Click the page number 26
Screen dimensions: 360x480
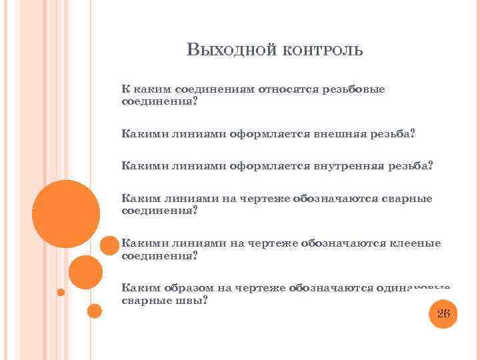coord(443,313)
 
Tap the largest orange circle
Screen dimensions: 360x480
coord(66,214)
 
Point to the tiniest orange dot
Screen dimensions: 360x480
coord(61,292)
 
